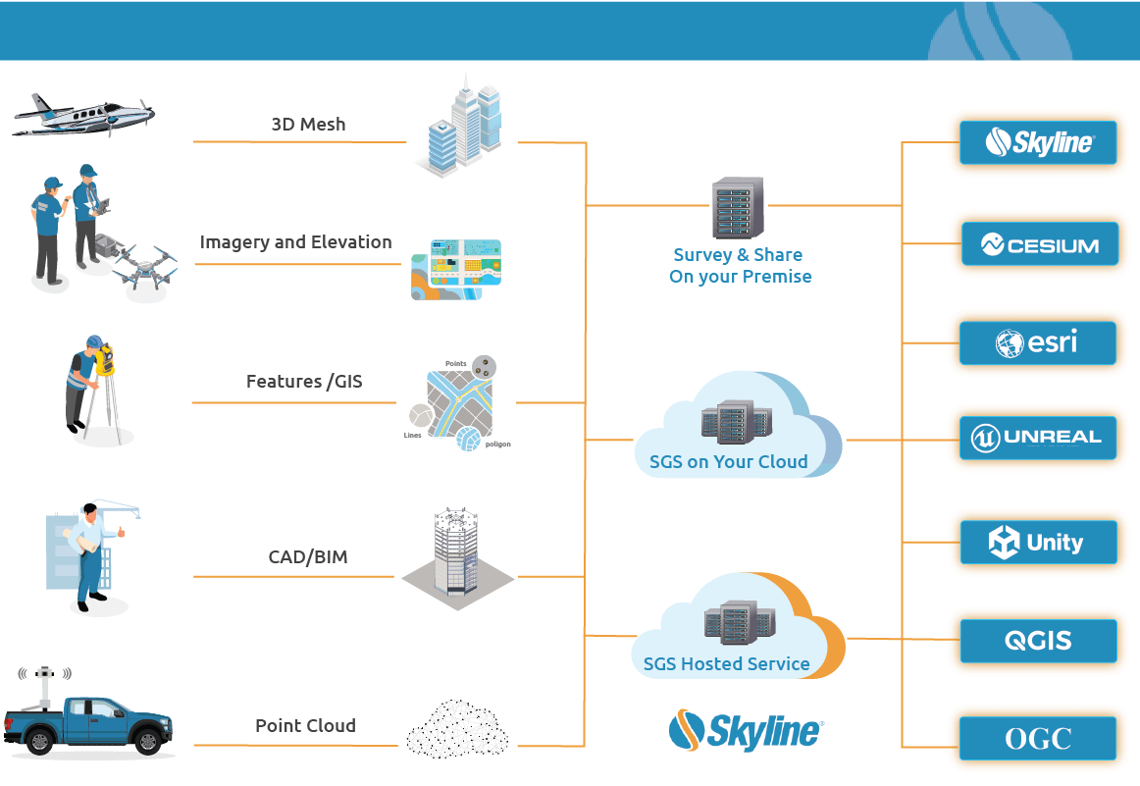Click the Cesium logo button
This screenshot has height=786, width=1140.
[1039, 244]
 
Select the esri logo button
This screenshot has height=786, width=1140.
[1038, 342]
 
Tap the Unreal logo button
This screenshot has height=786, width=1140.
[1038, 438]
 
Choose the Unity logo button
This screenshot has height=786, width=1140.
[1038, 542]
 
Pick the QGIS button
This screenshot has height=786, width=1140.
[1038, 641]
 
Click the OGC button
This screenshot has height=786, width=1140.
[1038, 738]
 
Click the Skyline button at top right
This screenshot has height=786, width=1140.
[1038, 143]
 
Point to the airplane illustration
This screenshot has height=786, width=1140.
[83, 115]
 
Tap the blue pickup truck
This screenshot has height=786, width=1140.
[88, 724]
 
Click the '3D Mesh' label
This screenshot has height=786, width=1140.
[308, 125]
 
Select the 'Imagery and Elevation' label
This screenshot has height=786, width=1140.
[295, 242]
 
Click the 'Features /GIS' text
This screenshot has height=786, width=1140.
[304, 381]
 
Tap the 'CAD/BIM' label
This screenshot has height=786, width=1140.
[308, 557]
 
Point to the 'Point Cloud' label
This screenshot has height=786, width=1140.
[305, 726]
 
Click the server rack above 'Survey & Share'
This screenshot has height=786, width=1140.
[738, 208]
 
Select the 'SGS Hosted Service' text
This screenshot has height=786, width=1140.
[726, 664]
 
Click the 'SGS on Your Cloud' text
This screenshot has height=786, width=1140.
[728, 461]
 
